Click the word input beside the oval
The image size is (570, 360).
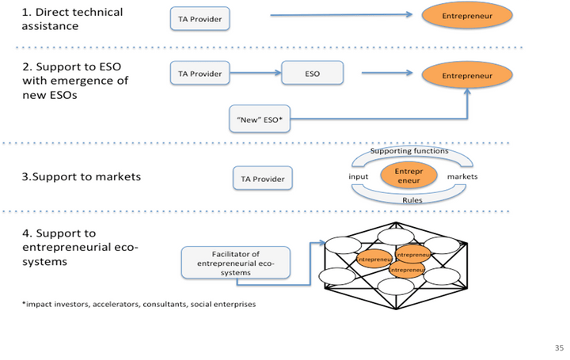tap(359, 176)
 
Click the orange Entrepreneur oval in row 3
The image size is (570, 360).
tap(410, 176)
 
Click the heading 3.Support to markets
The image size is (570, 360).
tap(81, 176)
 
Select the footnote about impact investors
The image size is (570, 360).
tap(139, 304)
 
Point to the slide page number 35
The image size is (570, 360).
tap(557, 347)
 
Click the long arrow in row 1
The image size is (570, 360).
tap(340, 15)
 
